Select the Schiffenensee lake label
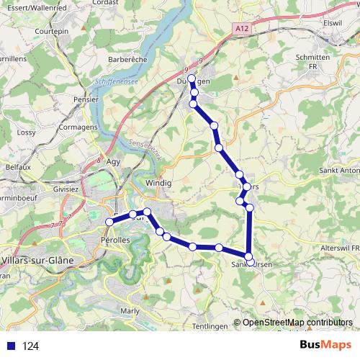point(117,83)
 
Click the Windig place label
point(158,184)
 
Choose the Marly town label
point(130,311)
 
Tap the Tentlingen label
point(209,326)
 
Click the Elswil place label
point(333,23)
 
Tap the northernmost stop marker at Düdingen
point(191,78)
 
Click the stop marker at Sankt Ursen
point(249,256)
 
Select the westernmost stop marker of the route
point(109,222)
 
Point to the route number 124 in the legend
point(31,346)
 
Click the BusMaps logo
point(325,346)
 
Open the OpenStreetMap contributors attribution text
point(297,323)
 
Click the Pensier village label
point(86,99)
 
